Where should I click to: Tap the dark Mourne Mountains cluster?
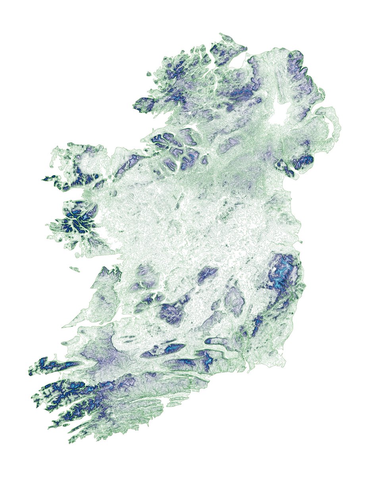[x=303, y=161]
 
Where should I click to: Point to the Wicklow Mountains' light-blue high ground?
[x=283, y=274]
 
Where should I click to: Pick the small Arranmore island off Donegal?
[x=149, y=74]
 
